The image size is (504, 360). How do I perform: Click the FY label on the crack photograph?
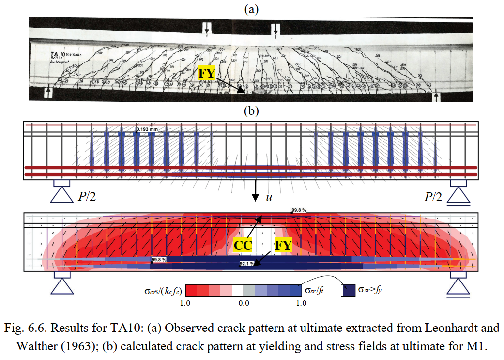[x=206, y=74]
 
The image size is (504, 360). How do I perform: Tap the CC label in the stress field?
[x=243, y=245]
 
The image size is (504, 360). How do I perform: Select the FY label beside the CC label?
[x=283, y=245]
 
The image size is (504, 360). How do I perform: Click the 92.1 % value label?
[x=247, y=264]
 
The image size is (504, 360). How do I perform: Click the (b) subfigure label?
[x=252, y=111]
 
